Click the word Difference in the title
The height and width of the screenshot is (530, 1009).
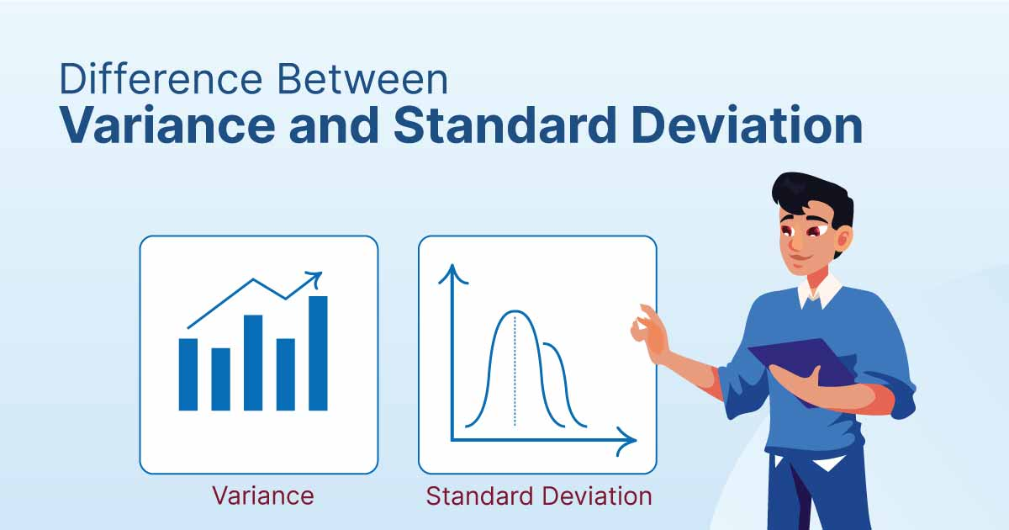click(x=161, y=79)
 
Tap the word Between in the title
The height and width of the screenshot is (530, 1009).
click(x=362, y=79)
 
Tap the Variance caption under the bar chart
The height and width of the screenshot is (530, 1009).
click(x=263, y=496)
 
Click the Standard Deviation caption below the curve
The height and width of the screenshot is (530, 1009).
click(x=539, y=496)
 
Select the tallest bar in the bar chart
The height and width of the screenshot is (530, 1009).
click(x=318, y=353)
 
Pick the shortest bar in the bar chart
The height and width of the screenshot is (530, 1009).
click(x=220, y=379)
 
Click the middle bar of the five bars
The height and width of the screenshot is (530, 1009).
click(x=253, y=363)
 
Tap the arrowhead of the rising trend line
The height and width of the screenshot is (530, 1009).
click(x=314, y=278)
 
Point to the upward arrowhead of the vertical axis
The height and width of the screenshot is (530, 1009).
click(x=452, y=274)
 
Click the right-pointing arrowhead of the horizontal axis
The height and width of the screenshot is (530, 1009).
click(x=626, y=441)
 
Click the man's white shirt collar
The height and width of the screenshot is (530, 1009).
click(x=820, y=291)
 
